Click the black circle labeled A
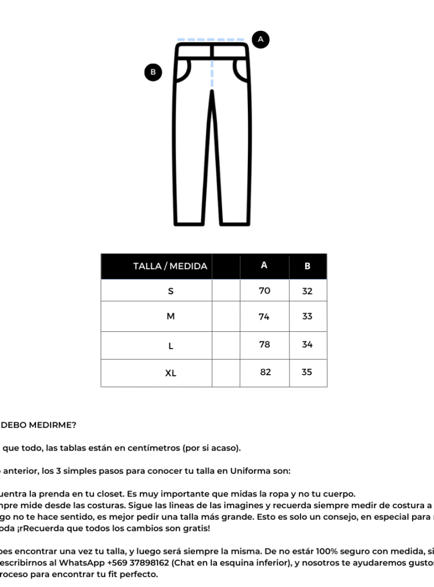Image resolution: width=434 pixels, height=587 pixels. [261, 39]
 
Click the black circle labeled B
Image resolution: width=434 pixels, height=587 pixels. [153, 72]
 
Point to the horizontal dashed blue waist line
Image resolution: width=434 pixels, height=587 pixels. [212, 39]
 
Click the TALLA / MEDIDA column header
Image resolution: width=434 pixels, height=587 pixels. [170, 266]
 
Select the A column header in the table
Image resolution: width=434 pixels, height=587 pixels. [264, 266]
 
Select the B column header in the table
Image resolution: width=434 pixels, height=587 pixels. [308, 266]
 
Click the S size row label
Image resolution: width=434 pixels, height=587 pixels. [171, 291]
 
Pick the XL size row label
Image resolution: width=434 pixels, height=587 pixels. [171, 373]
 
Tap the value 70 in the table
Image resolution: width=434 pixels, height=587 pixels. [265, 291]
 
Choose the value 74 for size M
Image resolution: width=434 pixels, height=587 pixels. [265, 317]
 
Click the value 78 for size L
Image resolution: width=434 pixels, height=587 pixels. [265, 344]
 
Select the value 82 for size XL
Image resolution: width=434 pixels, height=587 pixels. [265, 372]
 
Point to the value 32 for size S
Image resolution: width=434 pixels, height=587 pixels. [308, 291]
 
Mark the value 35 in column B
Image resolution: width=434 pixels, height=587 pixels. [307, 372]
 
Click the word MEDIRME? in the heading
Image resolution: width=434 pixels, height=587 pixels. [52, 425]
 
